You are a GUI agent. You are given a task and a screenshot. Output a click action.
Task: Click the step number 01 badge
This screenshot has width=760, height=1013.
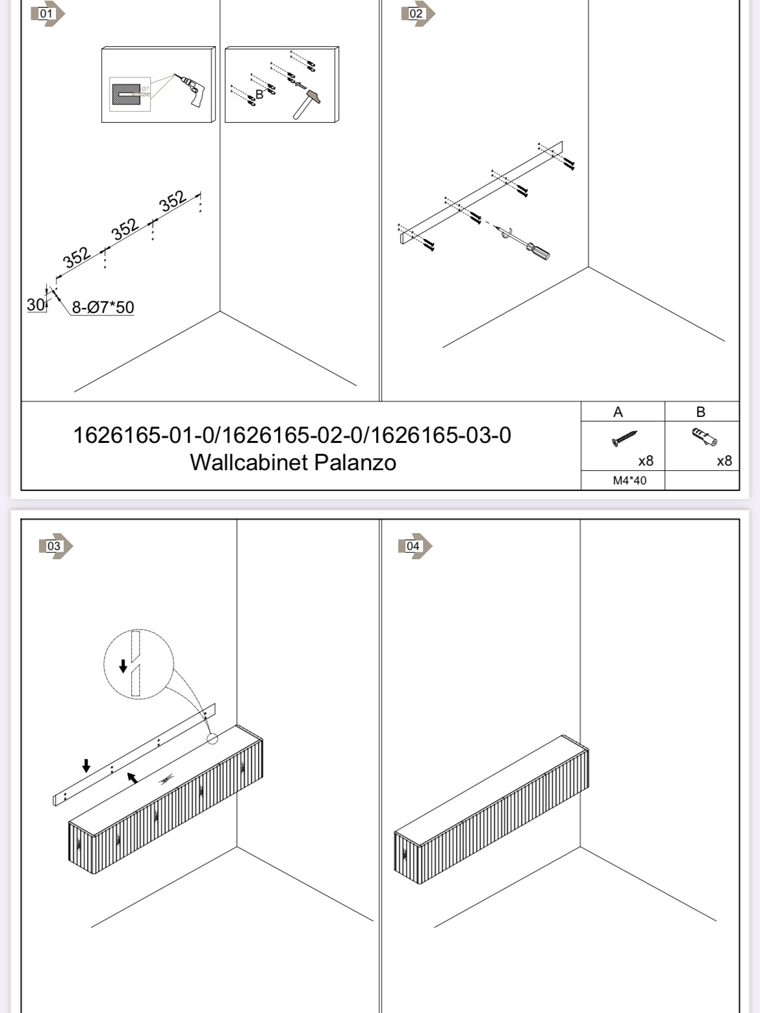[x=47, y=14]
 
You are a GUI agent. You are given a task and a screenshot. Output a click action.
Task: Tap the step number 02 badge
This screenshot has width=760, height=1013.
[x=418, y=14]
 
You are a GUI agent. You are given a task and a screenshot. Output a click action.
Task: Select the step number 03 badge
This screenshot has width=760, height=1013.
[x=56, y=546]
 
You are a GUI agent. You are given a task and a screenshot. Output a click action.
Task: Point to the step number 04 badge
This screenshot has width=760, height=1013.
[x=415, y=546]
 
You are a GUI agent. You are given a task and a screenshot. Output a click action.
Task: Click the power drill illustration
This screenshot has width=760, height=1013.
[x=190, y=90]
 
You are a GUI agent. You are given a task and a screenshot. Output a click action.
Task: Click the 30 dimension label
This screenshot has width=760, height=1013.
[x=36, y=305]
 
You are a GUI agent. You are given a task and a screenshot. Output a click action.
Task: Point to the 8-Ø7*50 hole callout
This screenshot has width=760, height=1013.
[x=103, y=307]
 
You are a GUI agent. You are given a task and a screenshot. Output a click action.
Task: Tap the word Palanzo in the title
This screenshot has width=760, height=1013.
[x=355, y=462]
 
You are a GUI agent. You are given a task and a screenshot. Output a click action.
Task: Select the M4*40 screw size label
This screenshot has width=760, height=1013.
[x=629, y=481]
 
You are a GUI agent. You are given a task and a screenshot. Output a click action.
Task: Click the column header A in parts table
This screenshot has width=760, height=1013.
[x=618, y=412]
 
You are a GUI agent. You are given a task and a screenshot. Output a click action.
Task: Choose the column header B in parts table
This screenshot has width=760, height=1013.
[x=700, y=412]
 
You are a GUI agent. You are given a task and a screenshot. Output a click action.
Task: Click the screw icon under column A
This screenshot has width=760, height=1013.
[x=624, y=438]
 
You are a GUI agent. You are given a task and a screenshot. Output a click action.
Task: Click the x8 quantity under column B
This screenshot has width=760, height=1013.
[x=724, y=461]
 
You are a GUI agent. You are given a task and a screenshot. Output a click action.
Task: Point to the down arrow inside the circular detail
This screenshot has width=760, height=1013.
[x=123, y=666]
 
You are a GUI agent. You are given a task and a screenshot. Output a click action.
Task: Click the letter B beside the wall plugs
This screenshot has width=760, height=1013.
[x=259, y=95]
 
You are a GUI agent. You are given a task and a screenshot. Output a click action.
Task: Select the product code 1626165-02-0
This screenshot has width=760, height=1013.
[x=292, y=436]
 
